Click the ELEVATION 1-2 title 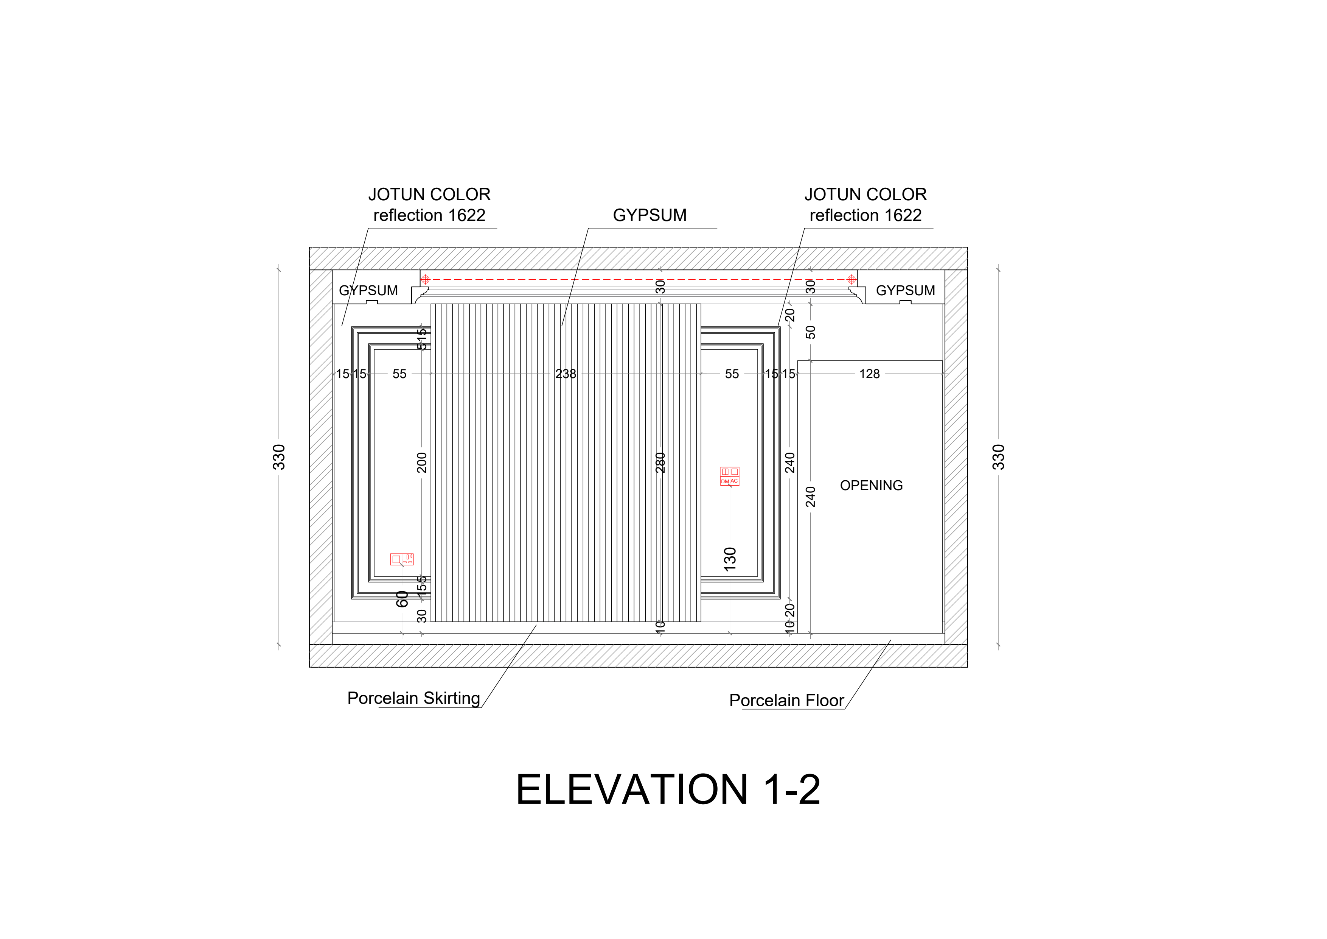[x=668, y=790]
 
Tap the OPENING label [x=871, y=486]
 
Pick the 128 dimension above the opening [x=869, y=374]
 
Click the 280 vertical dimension [x=660, y=462]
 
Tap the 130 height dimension [x=730, y=559]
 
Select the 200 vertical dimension [x=421, y=462]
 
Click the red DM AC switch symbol [x=729, y=477]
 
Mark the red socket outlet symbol [x=402, y=559]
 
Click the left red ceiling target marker [x=426, y=280]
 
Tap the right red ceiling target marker [x=852, y=280]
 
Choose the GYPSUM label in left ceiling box [x=368, y=290]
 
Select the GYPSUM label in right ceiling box [x=905, y=290]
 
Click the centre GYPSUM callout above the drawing [x=650, y=215]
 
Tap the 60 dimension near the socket [x=402, y=599]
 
